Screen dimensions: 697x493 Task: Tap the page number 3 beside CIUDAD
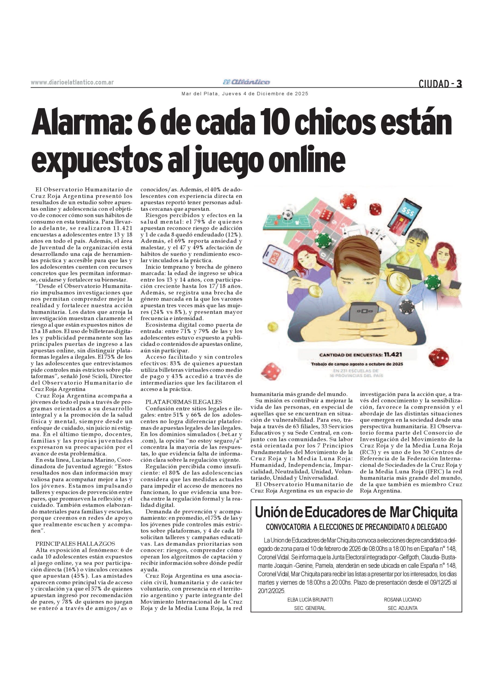(x=459, y=84)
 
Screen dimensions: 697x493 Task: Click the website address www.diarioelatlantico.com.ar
(x=72, y=82)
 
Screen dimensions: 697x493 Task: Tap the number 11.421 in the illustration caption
(x=393, y=354)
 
